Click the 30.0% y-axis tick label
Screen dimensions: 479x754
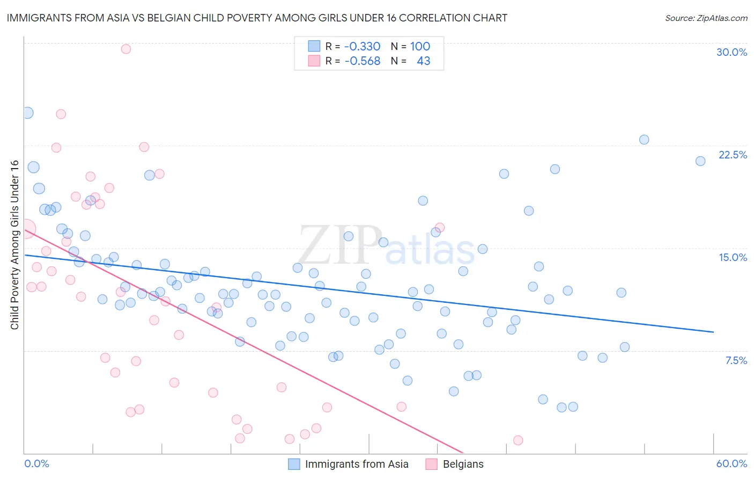[x=731, y=52]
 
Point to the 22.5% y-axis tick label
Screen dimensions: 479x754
[x=733, y=155]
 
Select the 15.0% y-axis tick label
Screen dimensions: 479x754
[x=733, y=257]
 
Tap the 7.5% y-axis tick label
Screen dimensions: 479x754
[x=736, y=360]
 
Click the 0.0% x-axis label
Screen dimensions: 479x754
[x=36, y=463]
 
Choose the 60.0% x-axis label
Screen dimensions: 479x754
[x=731, y=463]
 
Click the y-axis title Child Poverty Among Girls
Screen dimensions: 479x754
[x=14, y=245]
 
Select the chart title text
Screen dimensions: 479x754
[x=257, y=18]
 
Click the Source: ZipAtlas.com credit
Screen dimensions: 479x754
[x=706, y=18]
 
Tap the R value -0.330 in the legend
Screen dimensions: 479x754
[x=362, y=46]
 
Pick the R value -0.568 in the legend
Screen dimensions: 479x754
[x=362, y=61]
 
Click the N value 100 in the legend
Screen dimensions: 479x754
[x=420, y=46]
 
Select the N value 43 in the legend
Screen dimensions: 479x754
[x=423, y=61]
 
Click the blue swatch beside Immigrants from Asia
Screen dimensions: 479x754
[x=294, y=464]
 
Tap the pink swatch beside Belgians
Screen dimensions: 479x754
[x=431, y=464]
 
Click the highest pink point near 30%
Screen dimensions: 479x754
[x=126, y=49]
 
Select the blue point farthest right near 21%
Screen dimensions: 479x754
[x=700, y=161]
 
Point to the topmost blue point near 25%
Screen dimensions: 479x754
[x=28, y=113]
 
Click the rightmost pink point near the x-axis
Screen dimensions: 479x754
[x=518, y=440]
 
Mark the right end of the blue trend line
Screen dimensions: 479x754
[x=713, y=332]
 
